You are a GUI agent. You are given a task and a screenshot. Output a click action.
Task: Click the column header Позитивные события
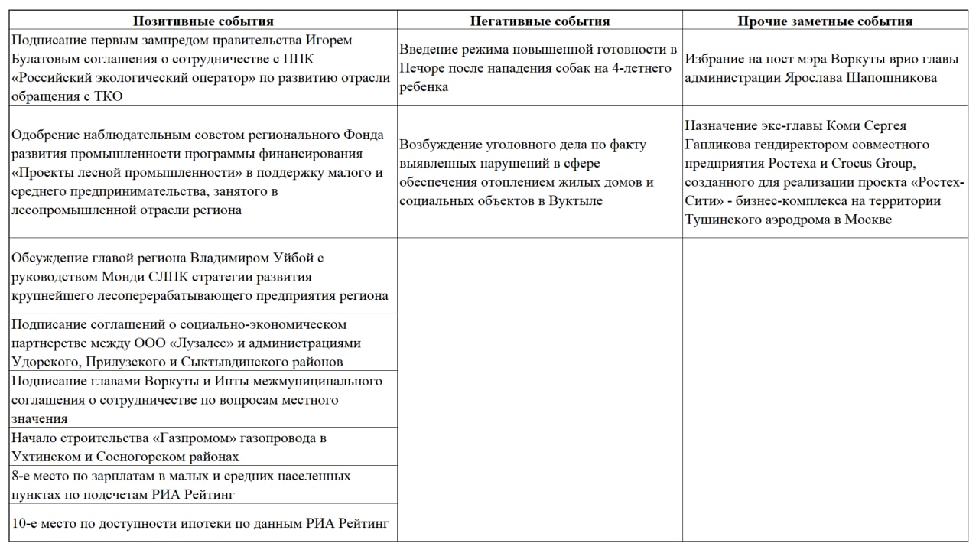[203, 21]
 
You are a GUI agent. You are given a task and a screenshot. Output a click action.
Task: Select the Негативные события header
[540, 21]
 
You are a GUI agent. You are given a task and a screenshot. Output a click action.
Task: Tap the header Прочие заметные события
[825, 21]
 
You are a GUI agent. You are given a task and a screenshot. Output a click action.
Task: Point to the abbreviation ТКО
[108, 96]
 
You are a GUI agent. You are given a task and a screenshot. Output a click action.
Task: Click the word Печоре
[421, 68]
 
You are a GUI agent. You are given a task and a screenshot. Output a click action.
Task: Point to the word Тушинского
[720, 220]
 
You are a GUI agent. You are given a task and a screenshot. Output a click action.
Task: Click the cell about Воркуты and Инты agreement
[203, 399]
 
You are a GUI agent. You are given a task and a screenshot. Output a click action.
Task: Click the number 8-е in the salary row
[24, 476]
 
